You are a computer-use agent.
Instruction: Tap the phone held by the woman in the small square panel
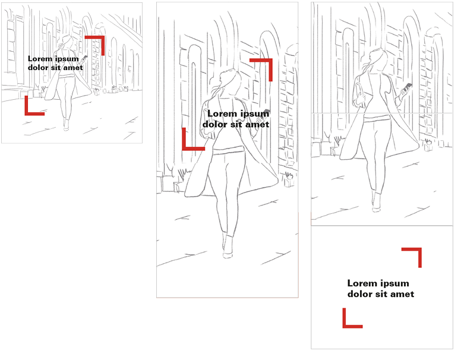pos(84,58)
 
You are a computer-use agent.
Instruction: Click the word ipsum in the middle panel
pos(254,114)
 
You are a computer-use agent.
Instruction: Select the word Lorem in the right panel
pos(360,283)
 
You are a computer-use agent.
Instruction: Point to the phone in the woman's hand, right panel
pos(408,87)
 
